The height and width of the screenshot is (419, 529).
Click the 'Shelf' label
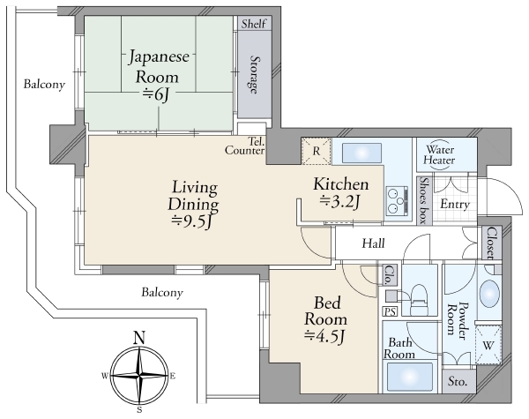tap(254, 24)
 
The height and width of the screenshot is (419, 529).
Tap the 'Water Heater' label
tap(439, 154)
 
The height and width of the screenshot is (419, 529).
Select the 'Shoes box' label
tap(424, 200)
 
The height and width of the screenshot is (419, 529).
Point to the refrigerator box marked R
tap(317, 151)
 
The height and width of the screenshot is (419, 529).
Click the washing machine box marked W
tap(488, 345)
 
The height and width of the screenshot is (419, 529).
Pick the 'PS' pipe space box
tap(390, 311)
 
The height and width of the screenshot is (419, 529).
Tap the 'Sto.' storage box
tap(458, 382)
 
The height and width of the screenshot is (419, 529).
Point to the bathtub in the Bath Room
tap(410, 377)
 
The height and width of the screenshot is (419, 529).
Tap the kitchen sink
tap(362, 153)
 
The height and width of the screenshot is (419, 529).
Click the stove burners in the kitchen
tap(397, 201)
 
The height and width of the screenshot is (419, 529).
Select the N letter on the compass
tap(139, 337)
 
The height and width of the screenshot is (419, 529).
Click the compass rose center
tap(139, 375)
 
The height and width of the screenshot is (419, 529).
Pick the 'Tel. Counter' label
tap(245, 146)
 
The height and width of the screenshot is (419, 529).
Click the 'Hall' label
tap(373, 243)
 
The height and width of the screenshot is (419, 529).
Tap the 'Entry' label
tap(455, 205)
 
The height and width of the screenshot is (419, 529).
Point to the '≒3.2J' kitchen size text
tap(340, 202)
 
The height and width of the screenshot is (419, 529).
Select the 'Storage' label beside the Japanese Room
tap(255, 74)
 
